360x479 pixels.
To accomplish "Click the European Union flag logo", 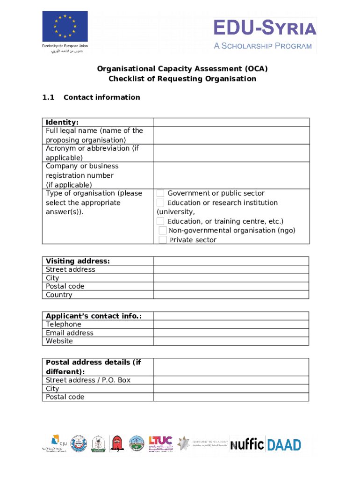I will click(x=65, y=26).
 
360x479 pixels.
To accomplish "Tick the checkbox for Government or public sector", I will click(x=160, y=193).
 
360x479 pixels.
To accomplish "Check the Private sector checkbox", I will click(x=163, y=240).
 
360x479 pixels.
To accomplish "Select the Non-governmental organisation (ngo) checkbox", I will click(x=163, y=231).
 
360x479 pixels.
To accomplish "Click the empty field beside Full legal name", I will click(x=231, y=135).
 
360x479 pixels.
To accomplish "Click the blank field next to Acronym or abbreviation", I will click(x=231, y=153).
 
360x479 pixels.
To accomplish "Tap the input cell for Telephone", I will click(x=231, y=324).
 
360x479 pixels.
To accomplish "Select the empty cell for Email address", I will click(x=231, y=333).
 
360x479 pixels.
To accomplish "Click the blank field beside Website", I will click(x=231, y=341).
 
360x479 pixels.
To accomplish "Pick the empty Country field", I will click(x=231, y=295).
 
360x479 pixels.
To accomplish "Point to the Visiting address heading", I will click(x=78, y=261).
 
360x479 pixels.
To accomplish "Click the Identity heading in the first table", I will click(x=62, y=123).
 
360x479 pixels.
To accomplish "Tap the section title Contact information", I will click(x=101, y=97).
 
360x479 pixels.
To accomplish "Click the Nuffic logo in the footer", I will click(x=247, y=444).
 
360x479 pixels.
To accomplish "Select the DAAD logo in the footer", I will click(x=284, y=444).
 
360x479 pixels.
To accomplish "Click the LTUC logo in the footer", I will click(x=160, y=443).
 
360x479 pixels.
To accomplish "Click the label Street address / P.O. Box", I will click(x=88, y=380).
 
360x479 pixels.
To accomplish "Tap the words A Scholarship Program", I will click(x=263, y=46).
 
